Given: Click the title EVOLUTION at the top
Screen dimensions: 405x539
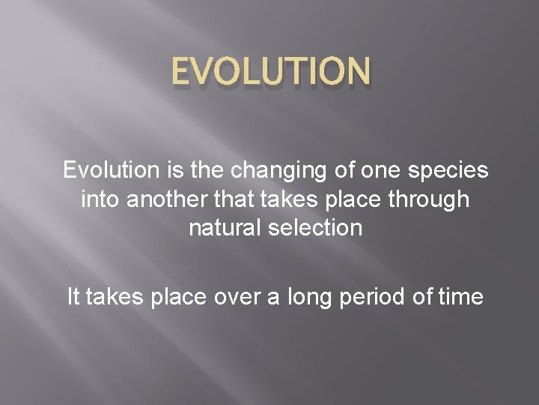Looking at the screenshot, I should [x=269, y=73].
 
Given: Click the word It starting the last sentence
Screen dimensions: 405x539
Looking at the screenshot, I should [x=73, y=296].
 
